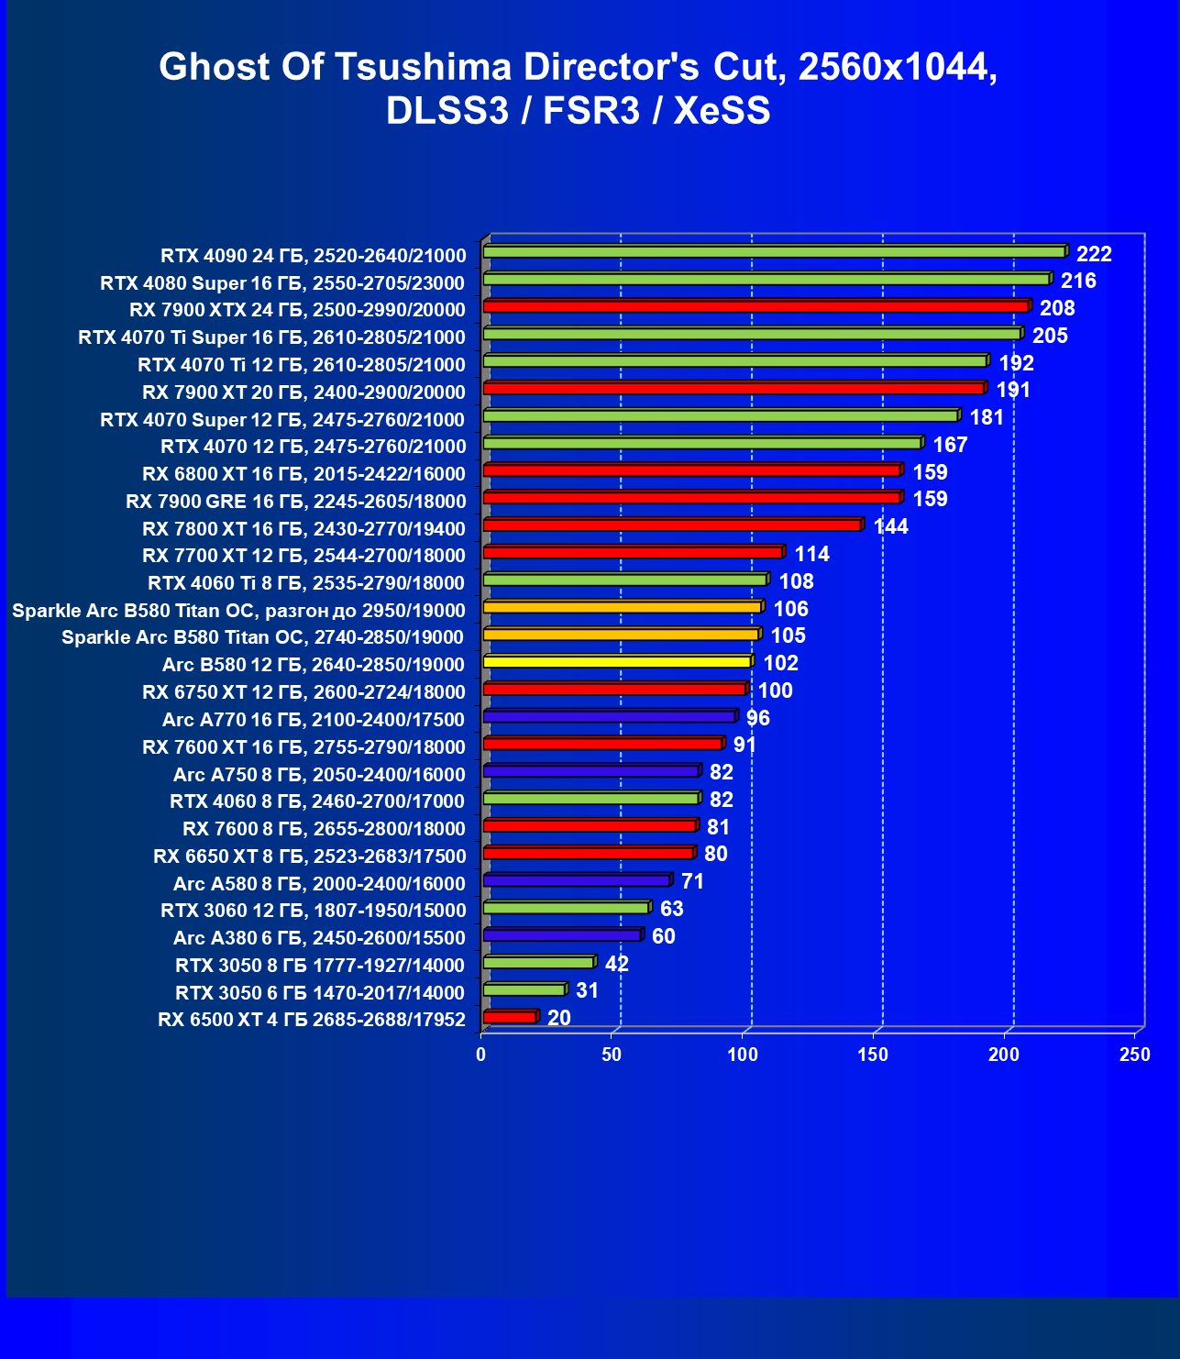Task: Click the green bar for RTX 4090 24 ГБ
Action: [x=774, y=251]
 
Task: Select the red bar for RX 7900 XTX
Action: [x=755, y=306]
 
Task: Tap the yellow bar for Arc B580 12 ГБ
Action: [x=617, y=661]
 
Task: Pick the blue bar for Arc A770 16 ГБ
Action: [x=609, y=716]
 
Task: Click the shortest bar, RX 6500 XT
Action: [x=509, y=1017]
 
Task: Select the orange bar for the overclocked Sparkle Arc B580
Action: [x=622, y=607]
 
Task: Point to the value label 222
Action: [x=1094, y=254]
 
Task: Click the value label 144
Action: [x=891, y=526]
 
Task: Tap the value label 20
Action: [x=559, y=1018]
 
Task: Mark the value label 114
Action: [x=812, y=554]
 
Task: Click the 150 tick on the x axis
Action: [x=873, y=1055]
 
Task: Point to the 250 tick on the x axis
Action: [x=1135, y=1055]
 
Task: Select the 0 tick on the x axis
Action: [x=481, y=1055]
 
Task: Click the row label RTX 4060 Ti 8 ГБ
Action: [x=306, y=583]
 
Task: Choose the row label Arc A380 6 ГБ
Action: [x=319, y=938]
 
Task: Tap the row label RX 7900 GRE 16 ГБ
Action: [x=295, y=502]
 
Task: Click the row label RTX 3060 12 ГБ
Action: [x=313, y=911]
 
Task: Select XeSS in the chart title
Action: [x=722, y=111]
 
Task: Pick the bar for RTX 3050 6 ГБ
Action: [x=524, y=989]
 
